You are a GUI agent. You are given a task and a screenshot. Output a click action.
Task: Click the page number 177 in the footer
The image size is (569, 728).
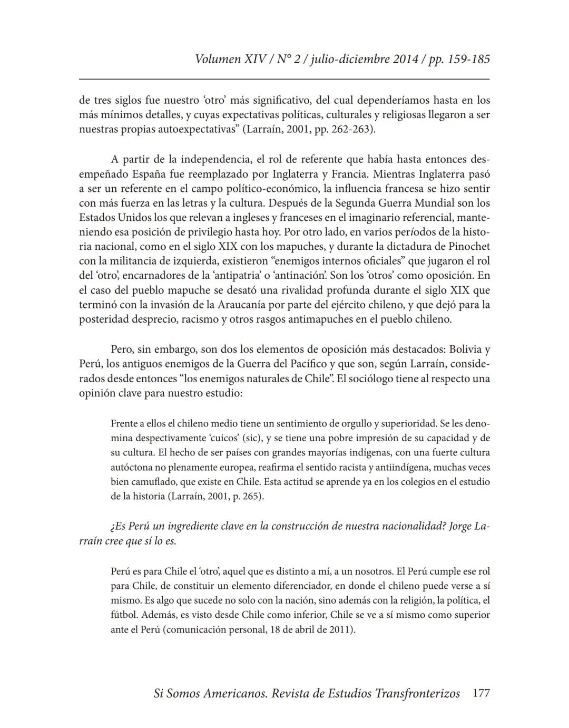pos(481,693)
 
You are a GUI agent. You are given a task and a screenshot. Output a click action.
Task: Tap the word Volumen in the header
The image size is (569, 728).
pos(218,59)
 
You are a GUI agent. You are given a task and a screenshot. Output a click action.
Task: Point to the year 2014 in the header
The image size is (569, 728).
pos(405,59)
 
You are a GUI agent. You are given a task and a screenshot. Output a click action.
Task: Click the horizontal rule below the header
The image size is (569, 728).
pos(284,79)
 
